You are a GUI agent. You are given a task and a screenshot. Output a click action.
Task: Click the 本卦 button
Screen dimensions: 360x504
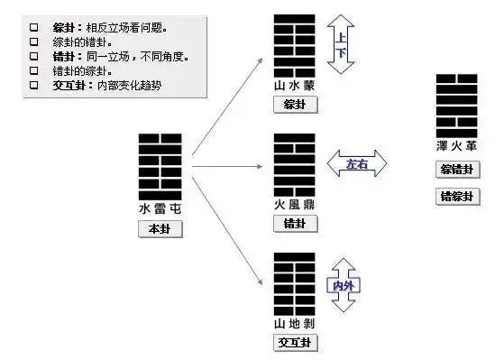pos(160,229)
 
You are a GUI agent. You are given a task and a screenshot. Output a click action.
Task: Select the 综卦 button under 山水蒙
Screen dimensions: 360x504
pos(294,105)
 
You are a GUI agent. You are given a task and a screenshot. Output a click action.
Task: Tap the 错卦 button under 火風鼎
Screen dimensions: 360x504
pos(294,223)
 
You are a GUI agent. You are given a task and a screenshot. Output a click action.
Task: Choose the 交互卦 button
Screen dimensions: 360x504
pos(294,343)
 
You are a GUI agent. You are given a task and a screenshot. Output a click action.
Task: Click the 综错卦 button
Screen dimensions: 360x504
pos(457,170)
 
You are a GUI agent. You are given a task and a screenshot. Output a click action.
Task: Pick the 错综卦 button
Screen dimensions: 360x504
pos(457,196)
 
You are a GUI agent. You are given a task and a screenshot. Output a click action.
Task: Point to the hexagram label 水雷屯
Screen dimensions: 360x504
pos(160,209)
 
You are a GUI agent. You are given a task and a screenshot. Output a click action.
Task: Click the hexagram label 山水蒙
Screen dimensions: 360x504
pos(295,86)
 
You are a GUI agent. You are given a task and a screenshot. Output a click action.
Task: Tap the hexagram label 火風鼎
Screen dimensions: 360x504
pos(295,205)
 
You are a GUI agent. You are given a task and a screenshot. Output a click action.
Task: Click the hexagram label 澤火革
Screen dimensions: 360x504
pos(457,145)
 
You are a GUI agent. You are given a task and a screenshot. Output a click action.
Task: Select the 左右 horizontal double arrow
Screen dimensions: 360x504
pos(358,164)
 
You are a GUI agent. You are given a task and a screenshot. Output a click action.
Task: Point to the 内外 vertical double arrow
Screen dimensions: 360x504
pos(344,284)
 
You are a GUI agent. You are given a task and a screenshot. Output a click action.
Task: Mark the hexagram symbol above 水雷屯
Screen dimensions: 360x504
pos(160,167)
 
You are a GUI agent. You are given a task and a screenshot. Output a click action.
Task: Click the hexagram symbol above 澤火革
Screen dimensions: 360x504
pos(457,104)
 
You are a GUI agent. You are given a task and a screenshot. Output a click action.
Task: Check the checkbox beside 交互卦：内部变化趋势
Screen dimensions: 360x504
pos(33,85)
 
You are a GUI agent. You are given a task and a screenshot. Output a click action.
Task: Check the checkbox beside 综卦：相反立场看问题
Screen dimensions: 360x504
pos(33,27)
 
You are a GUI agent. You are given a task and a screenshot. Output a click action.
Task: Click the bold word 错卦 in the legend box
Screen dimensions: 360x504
pos(66,56)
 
